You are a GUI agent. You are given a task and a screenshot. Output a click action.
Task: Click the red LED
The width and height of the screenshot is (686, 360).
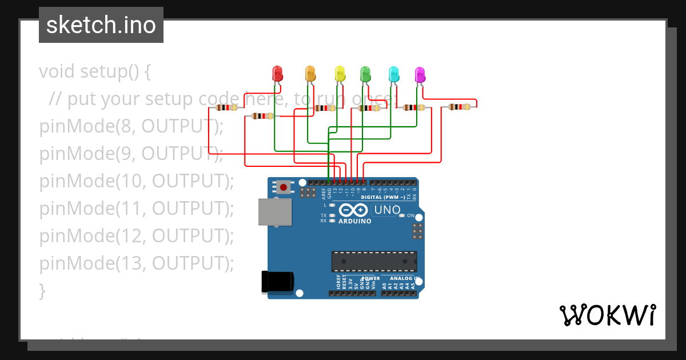277,74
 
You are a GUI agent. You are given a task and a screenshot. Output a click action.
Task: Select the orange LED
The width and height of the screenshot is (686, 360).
310,74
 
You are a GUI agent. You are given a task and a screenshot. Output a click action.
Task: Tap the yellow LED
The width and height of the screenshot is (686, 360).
340,74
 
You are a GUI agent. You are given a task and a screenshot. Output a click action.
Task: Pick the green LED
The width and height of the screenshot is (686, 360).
365,74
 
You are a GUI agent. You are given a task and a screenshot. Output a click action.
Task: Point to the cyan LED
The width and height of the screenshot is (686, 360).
393,74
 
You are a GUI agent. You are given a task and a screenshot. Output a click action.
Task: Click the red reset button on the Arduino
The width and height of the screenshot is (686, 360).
284,186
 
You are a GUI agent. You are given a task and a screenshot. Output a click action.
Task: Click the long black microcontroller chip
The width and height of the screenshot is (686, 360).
374,261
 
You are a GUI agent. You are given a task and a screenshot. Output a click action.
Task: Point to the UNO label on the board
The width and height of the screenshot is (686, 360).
387,210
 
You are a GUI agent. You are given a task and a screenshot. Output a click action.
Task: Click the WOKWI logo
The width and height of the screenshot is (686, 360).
607,315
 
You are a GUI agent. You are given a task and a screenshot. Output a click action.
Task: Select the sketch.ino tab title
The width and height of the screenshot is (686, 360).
101,25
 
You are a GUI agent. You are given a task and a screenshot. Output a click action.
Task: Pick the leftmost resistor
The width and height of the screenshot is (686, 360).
227,107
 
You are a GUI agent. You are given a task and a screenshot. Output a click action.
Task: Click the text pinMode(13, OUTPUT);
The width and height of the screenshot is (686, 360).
137,263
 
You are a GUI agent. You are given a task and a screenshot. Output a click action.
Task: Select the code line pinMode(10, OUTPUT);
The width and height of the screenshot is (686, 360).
137,181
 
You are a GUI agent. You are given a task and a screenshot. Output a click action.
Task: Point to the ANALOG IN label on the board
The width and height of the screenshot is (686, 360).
404,279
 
